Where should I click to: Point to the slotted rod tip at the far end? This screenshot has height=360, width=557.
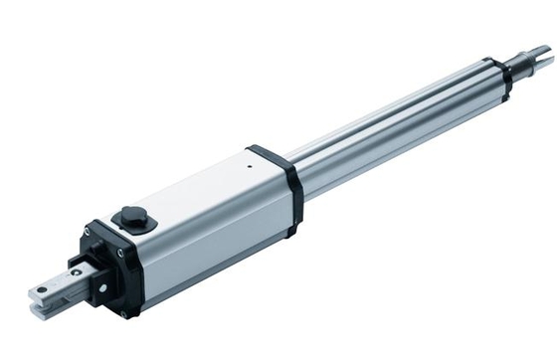pos(541,57)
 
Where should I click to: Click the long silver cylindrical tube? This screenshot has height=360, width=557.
pos(398,129)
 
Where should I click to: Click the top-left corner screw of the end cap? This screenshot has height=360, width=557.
pos(88,232)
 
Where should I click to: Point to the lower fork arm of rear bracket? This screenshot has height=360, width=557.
pos(45,310)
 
